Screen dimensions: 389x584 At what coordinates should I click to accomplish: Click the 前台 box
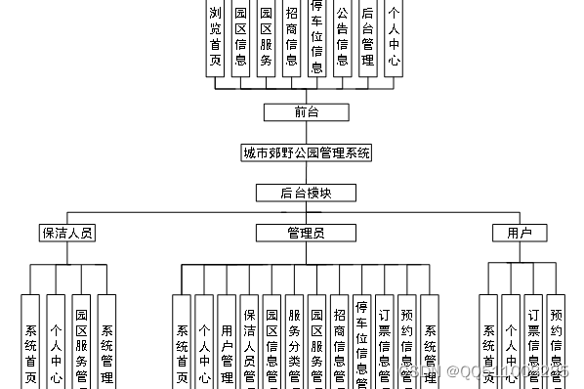click(306, 111)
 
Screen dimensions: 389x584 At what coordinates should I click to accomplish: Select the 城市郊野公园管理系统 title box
click(306, 152)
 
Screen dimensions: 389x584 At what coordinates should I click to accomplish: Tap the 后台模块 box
click(306, 193)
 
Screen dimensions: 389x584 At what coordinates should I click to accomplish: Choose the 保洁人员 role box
click(67, 233)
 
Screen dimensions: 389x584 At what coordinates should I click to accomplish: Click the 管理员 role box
click(306, 233)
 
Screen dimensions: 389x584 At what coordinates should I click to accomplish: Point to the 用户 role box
click(520, 233)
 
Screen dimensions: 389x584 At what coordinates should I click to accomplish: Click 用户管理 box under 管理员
click(227, 342)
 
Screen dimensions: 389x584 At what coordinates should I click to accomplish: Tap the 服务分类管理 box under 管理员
click(294, 342)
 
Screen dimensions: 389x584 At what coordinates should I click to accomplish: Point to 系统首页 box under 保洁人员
click(31, 342)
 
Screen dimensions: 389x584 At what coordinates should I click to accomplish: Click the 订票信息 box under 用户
click(533, 342)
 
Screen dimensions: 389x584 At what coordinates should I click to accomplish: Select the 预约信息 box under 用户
click(556, 342)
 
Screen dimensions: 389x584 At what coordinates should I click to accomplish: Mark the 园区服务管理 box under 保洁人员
click(82, 342)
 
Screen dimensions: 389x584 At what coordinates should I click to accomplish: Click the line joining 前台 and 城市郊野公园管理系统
click(306, 132)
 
